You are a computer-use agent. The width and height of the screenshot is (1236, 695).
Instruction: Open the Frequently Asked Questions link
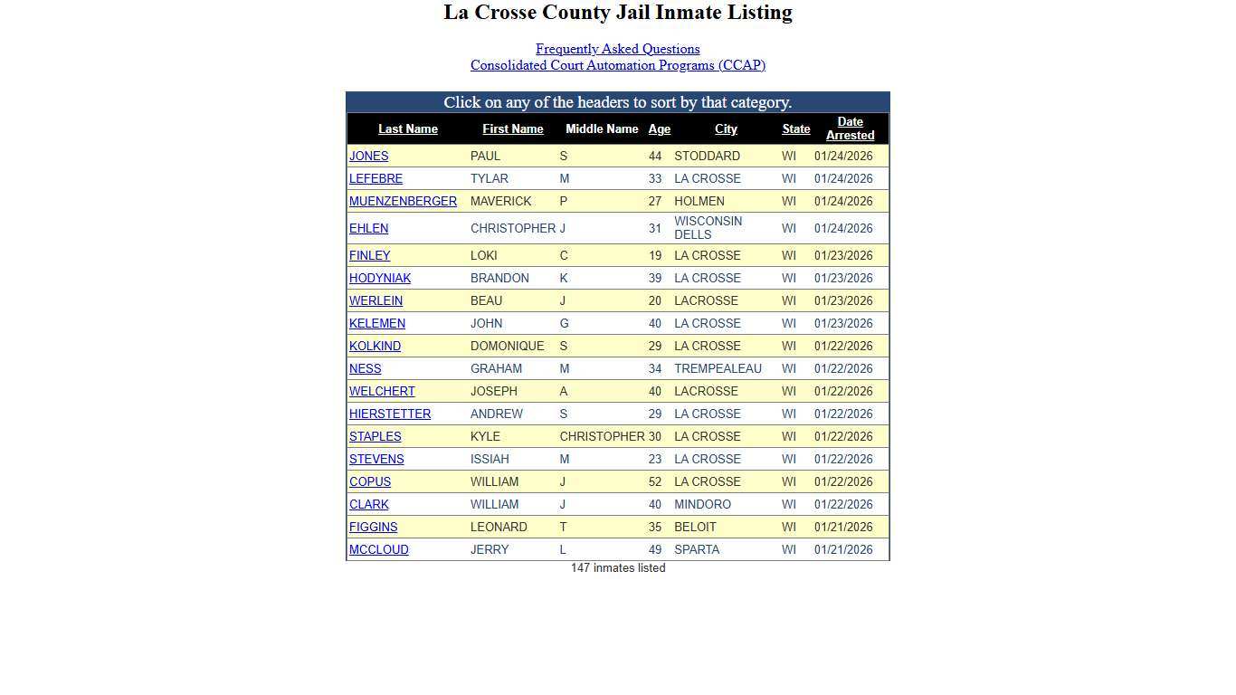click(617, 49)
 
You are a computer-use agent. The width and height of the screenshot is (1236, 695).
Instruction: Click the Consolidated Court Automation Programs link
click(617, 65)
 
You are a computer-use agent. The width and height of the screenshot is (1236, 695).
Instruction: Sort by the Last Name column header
click(407, 129)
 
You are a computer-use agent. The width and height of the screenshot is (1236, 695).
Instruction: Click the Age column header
click(659, 129)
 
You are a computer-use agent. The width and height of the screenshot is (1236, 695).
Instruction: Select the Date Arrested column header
click(850, 129)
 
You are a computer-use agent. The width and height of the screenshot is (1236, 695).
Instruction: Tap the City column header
click(726, 129)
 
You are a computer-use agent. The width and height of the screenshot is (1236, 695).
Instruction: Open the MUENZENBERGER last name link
click(403, 201)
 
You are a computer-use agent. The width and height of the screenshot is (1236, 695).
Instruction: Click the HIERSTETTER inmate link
click(390, 414)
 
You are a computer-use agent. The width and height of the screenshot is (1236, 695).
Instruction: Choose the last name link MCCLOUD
click(378, 549)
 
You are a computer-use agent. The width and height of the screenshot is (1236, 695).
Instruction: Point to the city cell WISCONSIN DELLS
click(708, 228)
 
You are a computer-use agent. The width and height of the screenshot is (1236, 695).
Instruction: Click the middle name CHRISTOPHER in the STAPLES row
click(602, 436)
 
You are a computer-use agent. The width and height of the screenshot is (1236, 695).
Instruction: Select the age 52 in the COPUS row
click(654, 481)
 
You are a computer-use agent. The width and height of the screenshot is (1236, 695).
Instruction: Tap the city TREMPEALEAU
click(718, 368)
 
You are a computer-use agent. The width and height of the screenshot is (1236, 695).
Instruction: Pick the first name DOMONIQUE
click(507, 346)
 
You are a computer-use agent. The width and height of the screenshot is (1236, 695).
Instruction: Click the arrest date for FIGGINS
click(843, 527)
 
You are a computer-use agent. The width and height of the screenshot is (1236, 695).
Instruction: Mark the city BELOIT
click(695, 527)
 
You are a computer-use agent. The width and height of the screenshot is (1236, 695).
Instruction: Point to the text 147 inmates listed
click(618, 568)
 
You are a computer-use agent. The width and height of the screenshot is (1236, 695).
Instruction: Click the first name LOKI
click(483, 255)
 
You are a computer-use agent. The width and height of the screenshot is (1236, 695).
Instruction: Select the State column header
click(795, 129)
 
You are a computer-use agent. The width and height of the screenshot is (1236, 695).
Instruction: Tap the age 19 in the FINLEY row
click(654, 255)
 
